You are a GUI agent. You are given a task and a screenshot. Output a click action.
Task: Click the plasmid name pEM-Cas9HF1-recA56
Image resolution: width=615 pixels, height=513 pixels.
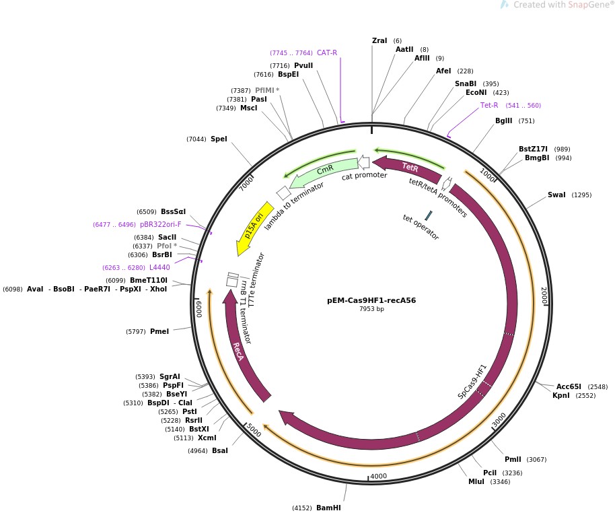[371, 300]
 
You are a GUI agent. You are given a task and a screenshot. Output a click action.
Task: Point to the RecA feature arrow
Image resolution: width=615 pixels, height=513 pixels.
[240, 350]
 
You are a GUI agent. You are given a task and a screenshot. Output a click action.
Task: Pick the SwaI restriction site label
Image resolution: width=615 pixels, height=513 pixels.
[556, 195]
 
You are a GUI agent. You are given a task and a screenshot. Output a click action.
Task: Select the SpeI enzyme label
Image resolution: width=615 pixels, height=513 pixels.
[219, 139]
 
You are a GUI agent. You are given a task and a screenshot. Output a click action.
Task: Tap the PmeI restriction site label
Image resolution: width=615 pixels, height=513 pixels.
[159, 331]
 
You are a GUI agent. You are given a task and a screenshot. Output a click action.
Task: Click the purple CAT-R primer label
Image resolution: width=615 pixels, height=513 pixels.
[327, 53]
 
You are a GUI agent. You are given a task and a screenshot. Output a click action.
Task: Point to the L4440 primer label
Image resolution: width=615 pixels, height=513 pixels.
[159, 267]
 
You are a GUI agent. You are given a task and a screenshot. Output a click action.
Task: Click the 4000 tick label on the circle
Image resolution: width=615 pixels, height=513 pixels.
[378, 476]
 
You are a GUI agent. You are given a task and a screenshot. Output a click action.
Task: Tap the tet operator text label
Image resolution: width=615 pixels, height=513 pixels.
[421, 227]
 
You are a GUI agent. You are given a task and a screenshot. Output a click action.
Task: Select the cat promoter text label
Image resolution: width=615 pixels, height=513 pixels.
[365, 176]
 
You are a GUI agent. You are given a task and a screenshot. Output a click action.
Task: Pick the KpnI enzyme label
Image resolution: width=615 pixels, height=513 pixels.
[560, 396]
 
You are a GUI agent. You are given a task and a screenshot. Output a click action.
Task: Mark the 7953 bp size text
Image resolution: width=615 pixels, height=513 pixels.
[371, 309]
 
